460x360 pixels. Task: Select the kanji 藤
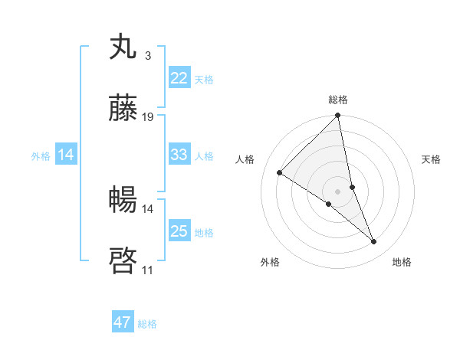click(x=123, y=109)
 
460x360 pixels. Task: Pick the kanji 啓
click(x=123, y=261)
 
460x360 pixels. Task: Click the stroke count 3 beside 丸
click(x=147, y=55)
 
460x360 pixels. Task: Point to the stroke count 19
click(x=148, y=117)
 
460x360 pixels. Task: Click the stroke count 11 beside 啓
click(x=147, y=270)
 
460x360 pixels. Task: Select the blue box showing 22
click(x=179, y=78)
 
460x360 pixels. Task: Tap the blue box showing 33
click(x=179, y=155)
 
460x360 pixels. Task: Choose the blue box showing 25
click(x=179, y=231)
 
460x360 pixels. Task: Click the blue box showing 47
click(x=123, y=322)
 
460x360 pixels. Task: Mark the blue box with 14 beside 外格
click(x=66, y=155)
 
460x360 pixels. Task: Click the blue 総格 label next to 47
click(x=147, y=324)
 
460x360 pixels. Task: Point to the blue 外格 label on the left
click(x=41, y=155)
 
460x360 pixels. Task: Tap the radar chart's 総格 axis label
click(x=338, y=100)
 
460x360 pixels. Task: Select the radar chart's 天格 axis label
click(x=432, y=159)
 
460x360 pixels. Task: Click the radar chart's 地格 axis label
click(x=402, y=262)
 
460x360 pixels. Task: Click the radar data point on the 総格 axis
click(x=338, y=116)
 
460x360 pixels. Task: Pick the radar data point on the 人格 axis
click(x=280, y=172)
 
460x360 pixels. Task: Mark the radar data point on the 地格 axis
click(x=374, y=242)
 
